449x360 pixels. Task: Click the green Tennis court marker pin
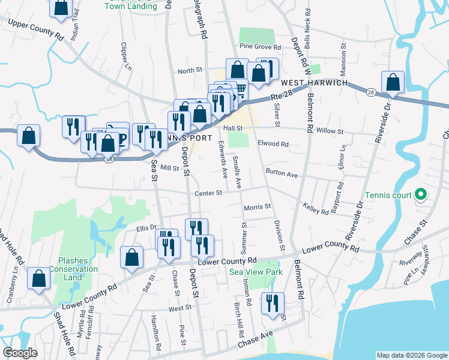coord(421,194)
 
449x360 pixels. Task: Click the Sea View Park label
coord(256,272)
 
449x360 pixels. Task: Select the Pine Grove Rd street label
coord(260,46)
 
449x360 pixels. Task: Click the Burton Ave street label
coord(282,175)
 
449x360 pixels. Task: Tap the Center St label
coord(209,193)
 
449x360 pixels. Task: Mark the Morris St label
coord(258,208)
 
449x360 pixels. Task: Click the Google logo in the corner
coord(20,353)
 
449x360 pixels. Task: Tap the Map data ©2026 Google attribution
coord(412,355)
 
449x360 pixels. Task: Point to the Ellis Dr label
coord(146,227)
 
